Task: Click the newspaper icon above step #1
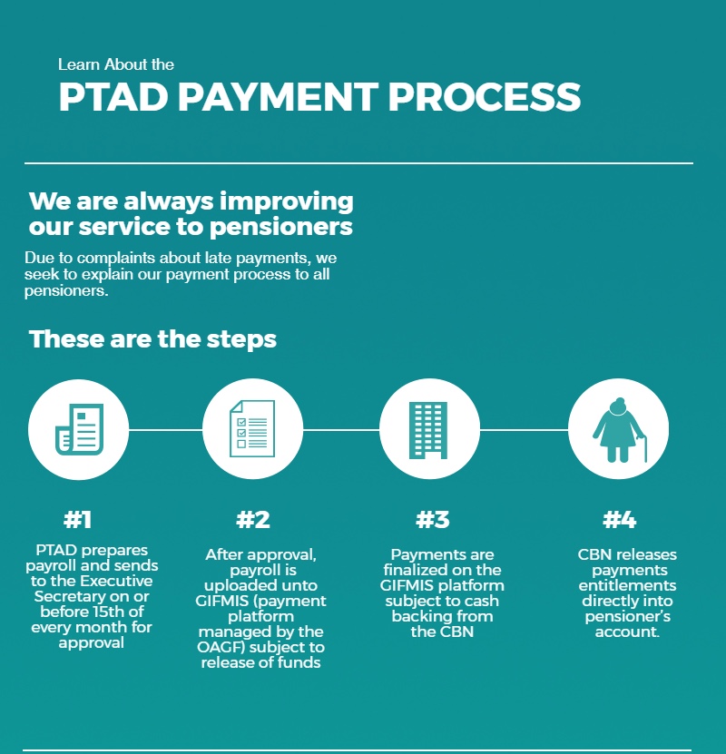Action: (78, 429)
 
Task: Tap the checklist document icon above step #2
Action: (251, 429)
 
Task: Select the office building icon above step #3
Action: (429, 429)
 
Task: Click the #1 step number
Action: (78, 520)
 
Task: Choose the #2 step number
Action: (253, 520)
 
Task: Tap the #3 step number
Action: (433, 520)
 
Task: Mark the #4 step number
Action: (620, 520)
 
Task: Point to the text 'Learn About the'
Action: (116, 64)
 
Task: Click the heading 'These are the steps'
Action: (152, 339)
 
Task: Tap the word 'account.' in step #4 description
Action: (626, 632)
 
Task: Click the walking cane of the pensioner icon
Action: (644, 449)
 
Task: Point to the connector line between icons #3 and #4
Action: (524, 429)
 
